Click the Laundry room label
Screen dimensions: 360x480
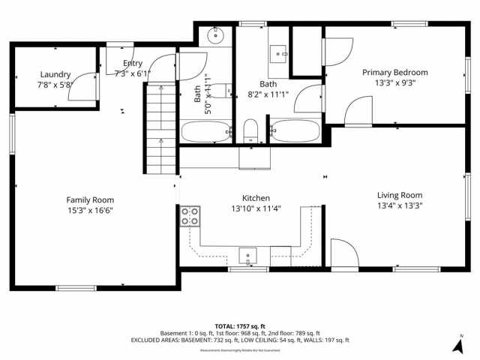click(55, 74)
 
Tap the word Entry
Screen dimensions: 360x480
click(133, 64)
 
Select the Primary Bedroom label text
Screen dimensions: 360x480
click(394, 73)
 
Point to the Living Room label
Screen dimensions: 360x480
click(399, 195)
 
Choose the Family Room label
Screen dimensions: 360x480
click(90, 199)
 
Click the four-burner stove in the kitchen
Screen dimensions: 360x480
click(190, 217)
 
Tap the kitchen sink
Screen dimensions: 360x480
click(248, 256)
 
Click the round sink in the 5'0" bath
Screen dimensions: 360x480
click(216, 34)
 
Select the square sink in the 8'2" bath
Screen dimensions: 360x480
click(280, 52)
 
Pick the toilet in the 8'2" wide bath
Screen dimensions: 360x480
click(251, 130)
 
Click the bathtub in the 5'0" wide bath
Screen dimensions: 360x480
click(205, 133)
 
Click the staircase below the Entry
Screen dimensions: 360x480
click(159, 127)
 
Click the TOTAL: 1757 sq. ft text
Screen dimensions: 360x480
click(239, 326)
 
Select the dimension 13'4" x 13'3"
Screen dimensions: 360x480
click(399, 205)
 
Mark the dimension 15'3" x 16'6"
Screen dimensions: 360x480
click(90, 210)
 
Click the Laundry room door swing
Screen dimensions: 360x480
click(88, 84)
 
